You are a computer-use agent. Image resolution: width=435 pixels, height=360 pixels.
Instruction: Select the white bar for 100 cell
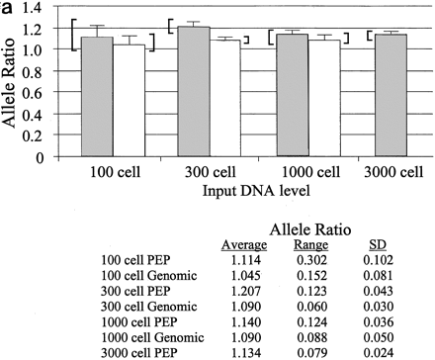pos(129,100)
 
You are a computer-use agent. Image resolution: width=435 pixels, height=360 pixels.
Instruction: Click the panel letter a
pos(7,9)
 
